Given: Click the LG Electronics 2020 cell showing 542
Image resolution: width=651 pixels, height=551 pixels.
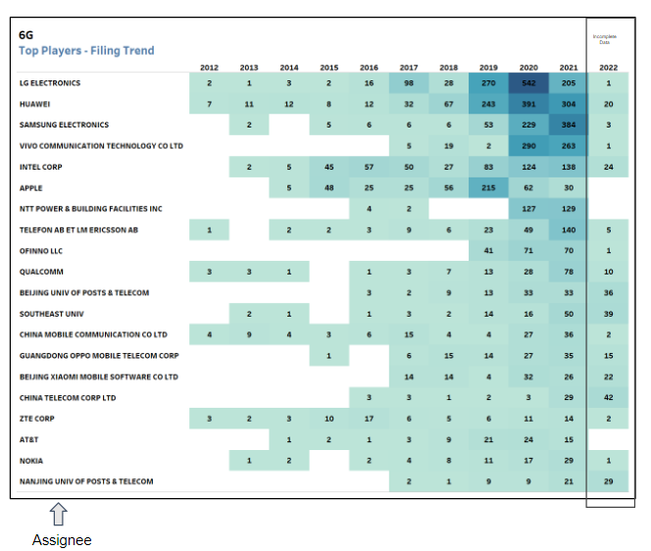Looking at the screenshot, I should [x=528, y=83].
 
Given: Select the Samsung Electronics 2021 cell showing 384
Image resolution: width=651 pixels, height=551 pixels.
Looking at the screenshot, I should [x=569, y=125].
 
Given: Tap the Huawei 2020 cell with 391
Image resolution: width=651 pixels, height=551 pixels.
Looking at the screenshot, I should [x=528, y=104].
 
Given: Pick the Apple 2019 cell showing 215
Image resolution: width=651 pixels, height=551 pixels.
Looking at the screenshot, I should [x=488, y=187].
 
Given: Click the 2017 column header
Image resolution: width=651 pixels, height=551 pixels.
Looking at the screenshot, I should [x=409, y=68].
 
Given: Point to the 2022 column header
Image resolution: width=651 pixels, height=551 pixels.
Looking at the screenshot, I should [x=609, y=68].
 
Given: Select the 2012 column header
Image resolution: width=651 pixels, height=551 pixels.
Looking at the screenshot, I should [x=209, y=68].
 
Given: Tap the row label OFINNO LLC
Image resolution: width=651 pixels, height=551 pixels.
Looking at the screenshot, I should [x=41, y=251].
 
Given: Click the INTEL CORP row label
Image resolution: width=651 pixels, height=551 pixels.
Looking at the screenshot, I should [x=42, y=167].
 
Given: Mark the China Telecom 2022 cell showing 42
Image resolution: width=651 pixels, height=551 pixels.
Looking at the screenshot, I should [x=609, y=397].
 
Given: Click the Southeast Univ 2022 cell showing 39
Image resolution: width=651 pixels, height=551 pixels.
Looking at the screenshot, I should [x=609, y=314].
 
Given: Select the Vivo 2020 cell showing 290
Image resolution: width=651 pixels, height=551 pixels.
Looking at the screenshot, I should [x=528, y=146].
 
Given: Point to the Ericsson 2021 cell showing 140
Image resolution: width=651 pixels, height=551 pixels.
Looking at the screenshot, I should [x=569, y=229].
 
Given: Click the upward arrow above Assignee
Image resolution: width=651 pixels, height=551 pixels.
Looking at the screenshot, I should [x=59, y=516].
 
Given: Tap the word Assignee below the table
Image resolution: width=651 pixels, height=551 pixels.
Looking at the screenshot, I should [x=62, y=539].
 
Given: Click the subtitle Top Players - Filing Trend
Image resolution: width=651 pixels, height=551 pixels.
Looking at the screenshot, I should [x=86, y=50].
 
